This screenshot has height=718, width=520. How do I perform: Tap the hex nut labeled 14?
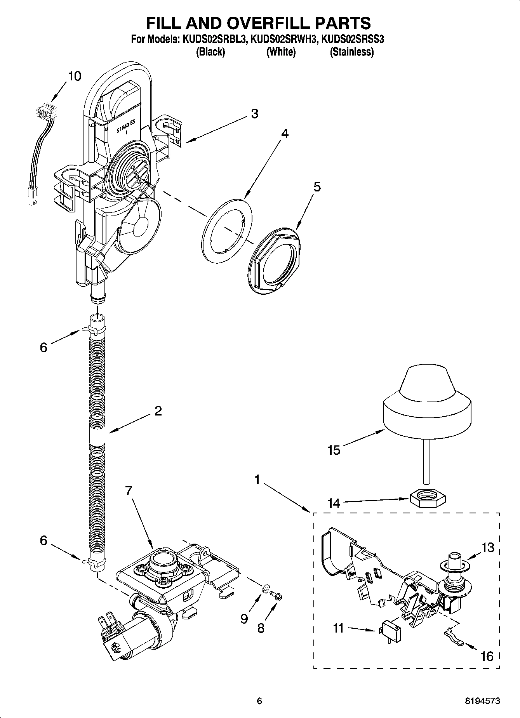(x=428, y=499)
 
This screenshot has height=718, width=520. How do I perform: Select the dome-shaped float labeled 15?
(x=427, y=404)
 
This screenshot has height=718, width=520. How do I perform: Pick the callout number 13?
(x=488, y=548)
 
